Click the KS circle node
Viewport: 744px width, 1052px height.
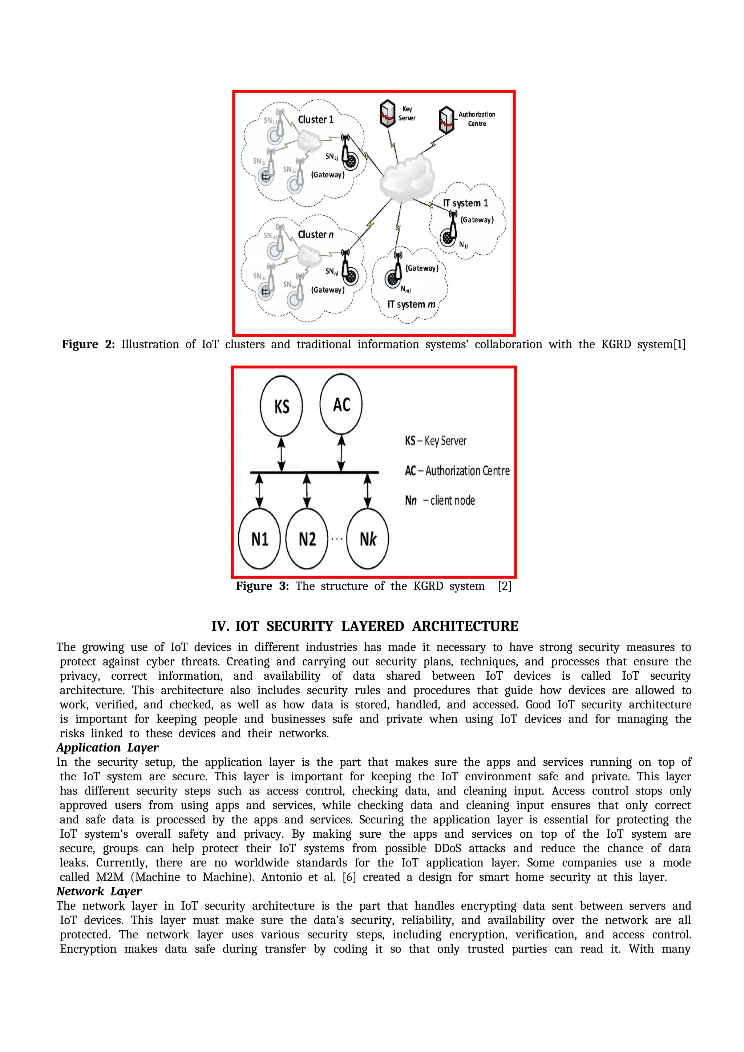[x=281, y=406]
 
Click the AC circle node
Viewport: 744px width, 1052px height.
[x=341, y=404]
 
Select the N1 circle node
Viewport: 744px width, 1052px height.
[x=259, y=539]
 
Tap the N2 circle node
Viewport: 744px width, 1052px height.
[x=307, y=539]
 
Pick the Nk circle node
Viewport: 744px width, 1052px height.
[x=367, y=539]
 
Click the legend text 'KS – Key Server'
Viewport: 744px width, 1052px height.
[x=435, y=441]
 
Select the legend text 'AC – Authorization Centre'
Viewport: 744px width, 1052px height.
[x=457, y=470]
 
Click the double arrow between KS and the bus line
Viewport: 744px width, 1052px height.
[x=281, y=454]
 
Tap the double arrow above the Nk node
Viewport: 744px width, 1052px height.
[x=367, y=490]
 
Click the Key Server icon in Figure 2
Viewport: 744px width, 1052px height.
[x=388, y=113]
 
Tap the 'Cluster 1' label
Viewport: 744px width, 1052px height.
[x=316, y=120]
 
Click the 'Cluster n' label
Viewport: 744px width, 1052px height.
[x=316, y=235]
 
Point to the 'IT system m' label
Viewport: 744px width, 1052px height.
[x=411, y=304]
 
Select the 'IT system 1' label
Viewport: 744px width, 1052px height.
[x=465, y=203]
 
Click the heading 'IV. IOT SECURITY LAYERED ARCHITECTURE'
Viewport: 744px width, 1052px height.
[x=365, y=626]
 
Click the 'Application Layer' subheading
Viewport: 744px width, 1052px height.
[x=108, y=748]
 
